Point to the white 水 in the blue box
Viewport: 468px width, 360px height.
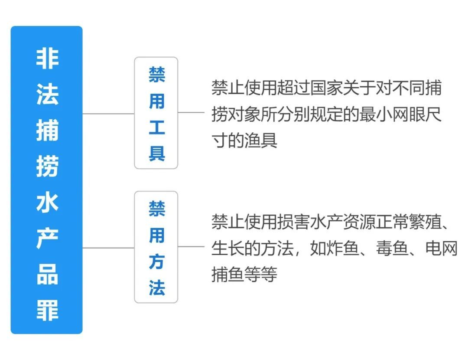47,203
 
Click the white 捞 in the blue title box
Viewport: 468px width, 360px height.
47,167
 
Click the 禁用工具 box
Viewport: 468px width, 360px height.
156,113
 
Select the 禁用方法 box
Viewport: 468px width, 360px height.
156,247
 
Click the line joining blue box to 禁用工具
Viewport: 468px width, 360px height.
108,114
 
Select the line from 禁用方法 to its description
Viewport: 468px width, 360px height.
191,247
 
